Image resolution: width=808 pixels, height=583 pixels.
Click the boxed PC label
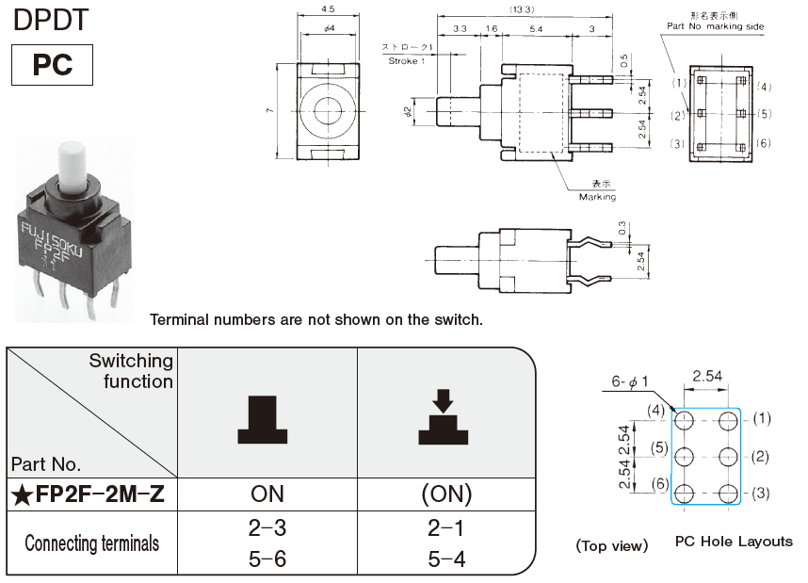pos(53,65)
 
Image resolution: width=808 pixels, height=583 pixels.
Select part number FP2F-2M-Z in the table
pos(91,494)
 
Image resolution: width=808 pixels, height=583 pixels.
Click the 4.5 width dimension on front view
pos(330,10)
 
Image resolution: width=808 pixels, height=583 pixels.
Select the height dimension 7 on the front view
pos(269,111)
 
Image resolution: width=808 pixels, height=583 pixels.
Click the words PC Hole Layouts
pos(734,543)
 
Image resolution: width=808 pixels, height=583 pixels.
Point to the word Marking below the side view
pos(597,197)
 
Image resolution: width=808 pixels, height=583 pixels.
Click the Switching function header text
pos(131,371)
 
